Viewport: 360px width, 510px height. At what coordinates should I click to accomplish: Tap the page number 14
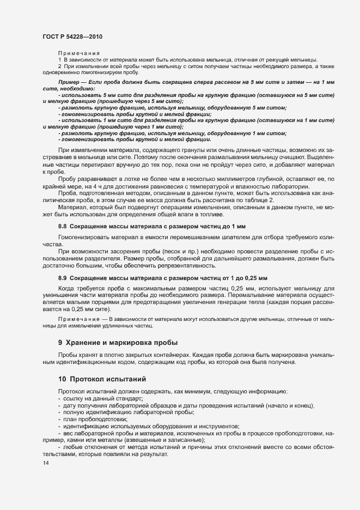click(x=45, y=463)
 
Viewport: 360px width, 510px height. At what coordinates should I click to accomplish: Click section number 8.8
click(x=63, y=226)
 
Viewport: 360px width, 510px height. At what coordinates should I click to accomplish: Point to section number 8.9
click(x=63, y=278)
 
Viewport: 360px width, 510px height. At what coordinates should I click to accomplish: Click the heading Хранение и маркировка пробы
click(x=121, y=343)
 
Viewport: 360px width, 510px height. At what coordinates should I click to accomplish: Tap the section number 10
click(x=62, y=379)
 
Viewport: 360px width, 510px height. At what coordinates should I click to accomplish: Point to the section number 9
click(x=60, y=343)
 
